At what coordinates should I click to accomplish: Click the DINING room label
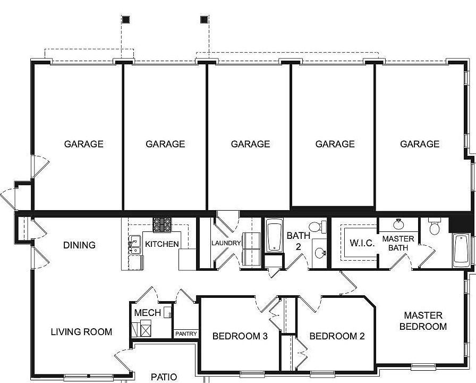[x=79, y=245]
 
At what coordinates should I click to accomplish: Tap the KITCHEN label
[x=162, y=244]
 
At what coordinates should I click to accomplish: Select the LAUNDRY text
[x=226, y=243]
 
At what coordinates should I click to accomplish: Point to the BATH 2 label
[x=295, y=241]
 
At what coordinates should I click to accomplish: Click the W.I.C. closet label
[x=362, y=243]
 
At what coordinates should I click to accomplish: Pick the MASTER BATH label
[x=398, y=244]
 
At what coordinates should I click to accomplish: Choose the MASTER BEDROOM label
[x=423, y=321]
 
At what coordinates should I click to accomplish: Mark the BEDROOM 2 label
[x=337, y=336]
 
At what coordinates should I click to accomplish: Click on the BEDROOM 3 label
[x=240, y=336]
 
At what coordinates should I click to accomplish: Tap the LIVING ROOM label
[x=81, y=332]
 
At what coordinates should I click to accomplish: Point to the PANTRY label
[x=186, y=334]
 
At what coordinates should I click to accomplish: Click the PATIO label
[x=164, y=377]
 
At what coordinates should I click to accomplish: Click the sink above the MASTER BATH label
[x=398, y=224]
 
